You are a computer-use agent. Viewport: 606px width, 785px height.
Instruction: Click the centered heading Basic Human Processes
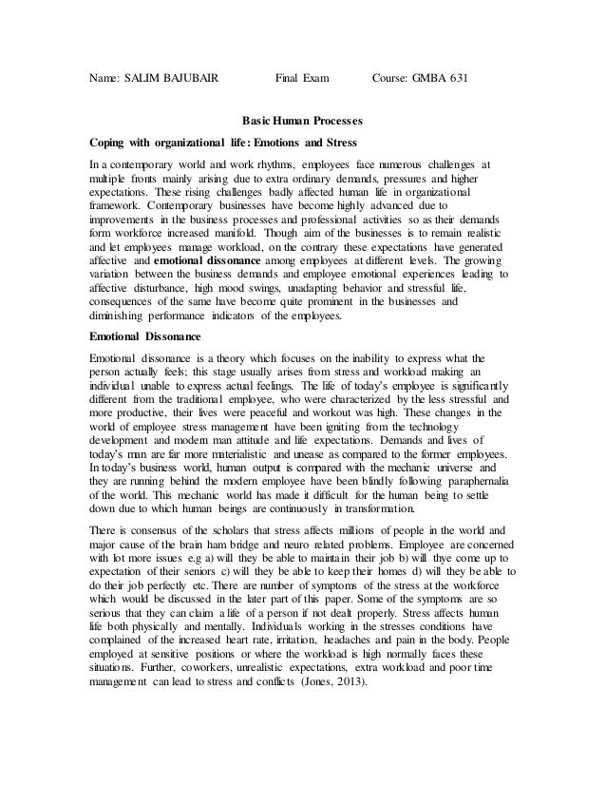[x=303, y=122]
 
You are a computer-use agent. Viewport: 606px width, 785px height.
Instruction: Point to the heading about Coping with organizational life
[x=222, y=143]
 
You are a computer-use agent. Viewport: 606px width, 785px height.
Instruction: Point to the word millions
[x=358, y=529]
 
